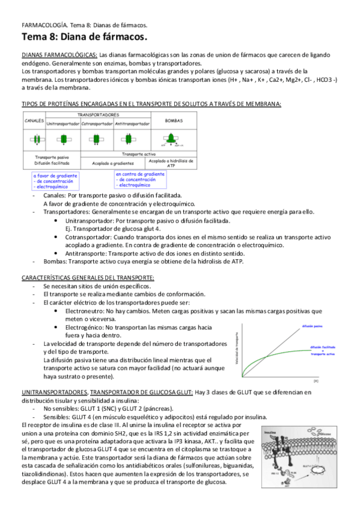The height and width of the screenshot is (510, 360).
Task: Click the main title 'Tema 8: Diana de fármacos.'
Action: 84,38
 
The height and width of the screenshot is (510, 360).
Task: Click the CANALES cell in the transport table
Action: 34,120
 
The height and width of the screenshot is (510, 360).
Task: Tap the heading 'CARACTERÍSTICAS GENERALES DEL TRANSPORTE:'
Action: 88,278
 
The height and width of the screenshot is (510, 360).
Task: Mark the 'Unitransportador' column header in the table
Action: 63,124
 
